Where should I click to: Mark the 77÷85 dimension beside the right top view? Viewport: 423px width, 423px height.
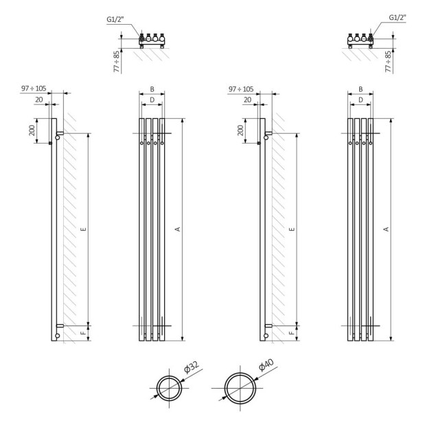(x=389, y=60)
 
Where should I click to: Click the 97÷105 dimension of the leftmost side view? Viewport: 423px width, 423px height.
(x=34, y=89)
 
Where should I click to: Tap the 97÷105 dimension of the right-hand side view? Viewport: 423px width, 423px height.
(x=240, y=89)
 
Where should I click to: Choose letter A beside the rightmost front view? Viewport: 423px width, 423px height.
(x=386, y=229)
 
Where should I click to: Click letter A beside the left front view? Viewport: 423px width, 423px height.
(x=177, y=229)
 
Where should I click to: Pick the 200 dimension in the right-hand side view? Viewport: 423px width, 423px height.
(x=241, y=130)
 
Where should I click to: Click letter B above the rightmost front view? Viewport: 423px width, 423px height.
(x=360, y=89)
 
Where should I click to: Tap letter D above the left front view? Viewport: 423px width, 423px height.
(x=152, y=100)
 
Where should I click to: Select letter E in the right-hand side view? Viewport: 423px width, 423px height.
(x=292, y=229)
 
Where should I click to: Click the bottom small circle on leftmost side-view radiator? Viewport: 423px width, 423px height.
(x=58, y=336)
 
